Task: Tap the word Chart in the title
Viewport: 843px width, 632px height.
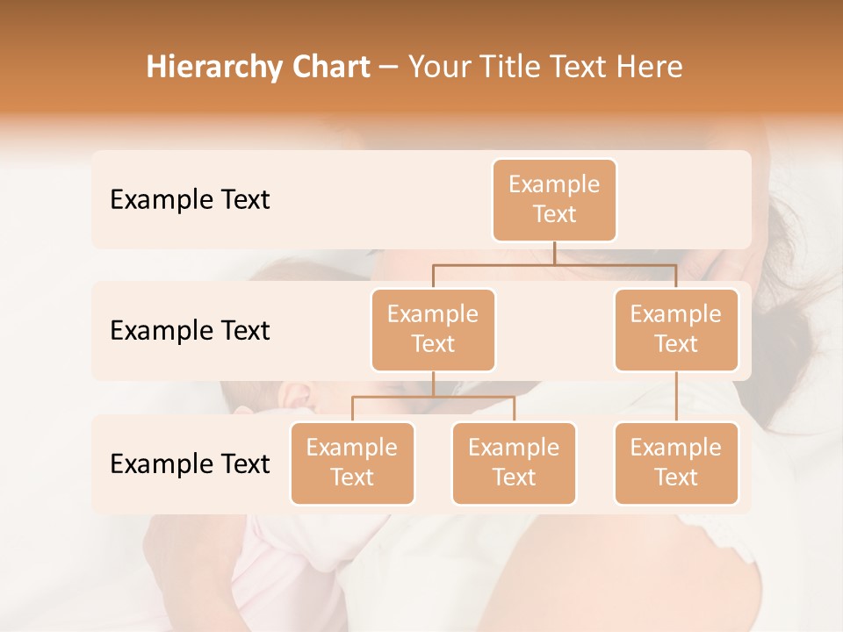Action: coord(333,68)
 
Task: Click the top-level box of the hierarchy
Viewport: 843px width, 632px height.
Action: coord(554,199)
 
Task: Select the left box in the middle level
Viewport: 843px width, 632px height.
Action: coord(433,329)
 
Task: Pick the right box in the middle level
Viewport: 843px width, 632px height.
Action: coord(675,329)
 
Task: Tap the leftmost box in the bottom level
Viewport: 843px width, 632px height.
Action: coord(352,463)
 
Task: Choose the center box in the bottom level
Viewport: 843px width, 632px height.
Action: coord(514,463)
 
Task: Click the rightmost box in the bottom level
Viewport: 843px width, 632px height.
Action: coord(675,463)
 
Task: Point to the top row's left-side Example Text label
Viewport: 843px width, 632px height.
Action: coord(190,199)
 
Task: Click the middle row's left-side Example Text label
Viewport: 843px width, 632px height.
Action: coord(190,330)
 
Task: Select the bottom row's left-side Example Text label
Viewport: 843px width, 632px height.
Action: coord(190,463)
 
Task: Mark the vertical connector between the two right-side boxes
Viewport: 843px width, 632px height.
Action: coord(675,397)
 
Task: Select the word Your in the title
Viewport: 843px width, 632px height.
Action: coord(436,68)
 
